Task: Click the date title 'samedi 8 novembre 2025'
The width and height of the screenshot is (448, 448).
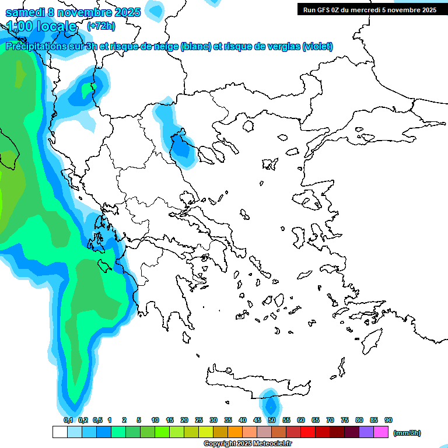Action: pyautogui.click(x=73, y=12)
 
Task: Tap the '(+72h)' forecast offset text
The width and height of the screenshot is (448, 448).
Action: pyautogui.click(x=101, y=26)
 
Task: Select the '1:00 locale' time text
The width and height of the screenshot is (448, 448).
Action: pyautogui.click(x=42, y=26)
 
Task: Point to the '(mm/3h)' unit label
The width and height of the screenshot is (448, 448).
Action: pyautogui.click(x=407, y=433)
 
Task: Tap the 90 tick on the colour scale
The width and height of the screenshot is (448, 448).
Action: pyautogui.click(x=388, y=420)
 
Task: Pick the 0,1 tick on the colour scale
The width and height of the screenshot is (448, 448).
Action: pyautogui.click(x=68, y=420)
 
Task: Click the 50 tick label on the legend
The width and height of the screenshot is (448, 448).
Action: pyautogui.click(x=272, y=420)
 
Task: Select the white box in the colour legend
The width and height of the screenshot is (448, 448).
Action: pyautogui.click(x=60, y=432)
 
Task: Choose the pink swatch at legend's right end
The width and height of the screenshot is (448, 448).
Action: pyautogui.click(x=381, y=432)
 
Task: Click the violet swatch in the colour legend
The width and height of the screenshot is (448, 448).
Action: pyautogui.click(x=366, y=432)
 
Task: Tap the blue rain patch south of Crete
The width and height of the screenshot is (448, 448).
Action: pyautogui.click(x=270, y=404)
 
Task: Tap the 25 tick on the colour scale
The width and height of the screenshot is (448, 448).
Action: pyautogui.click(x=199, y=420)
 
